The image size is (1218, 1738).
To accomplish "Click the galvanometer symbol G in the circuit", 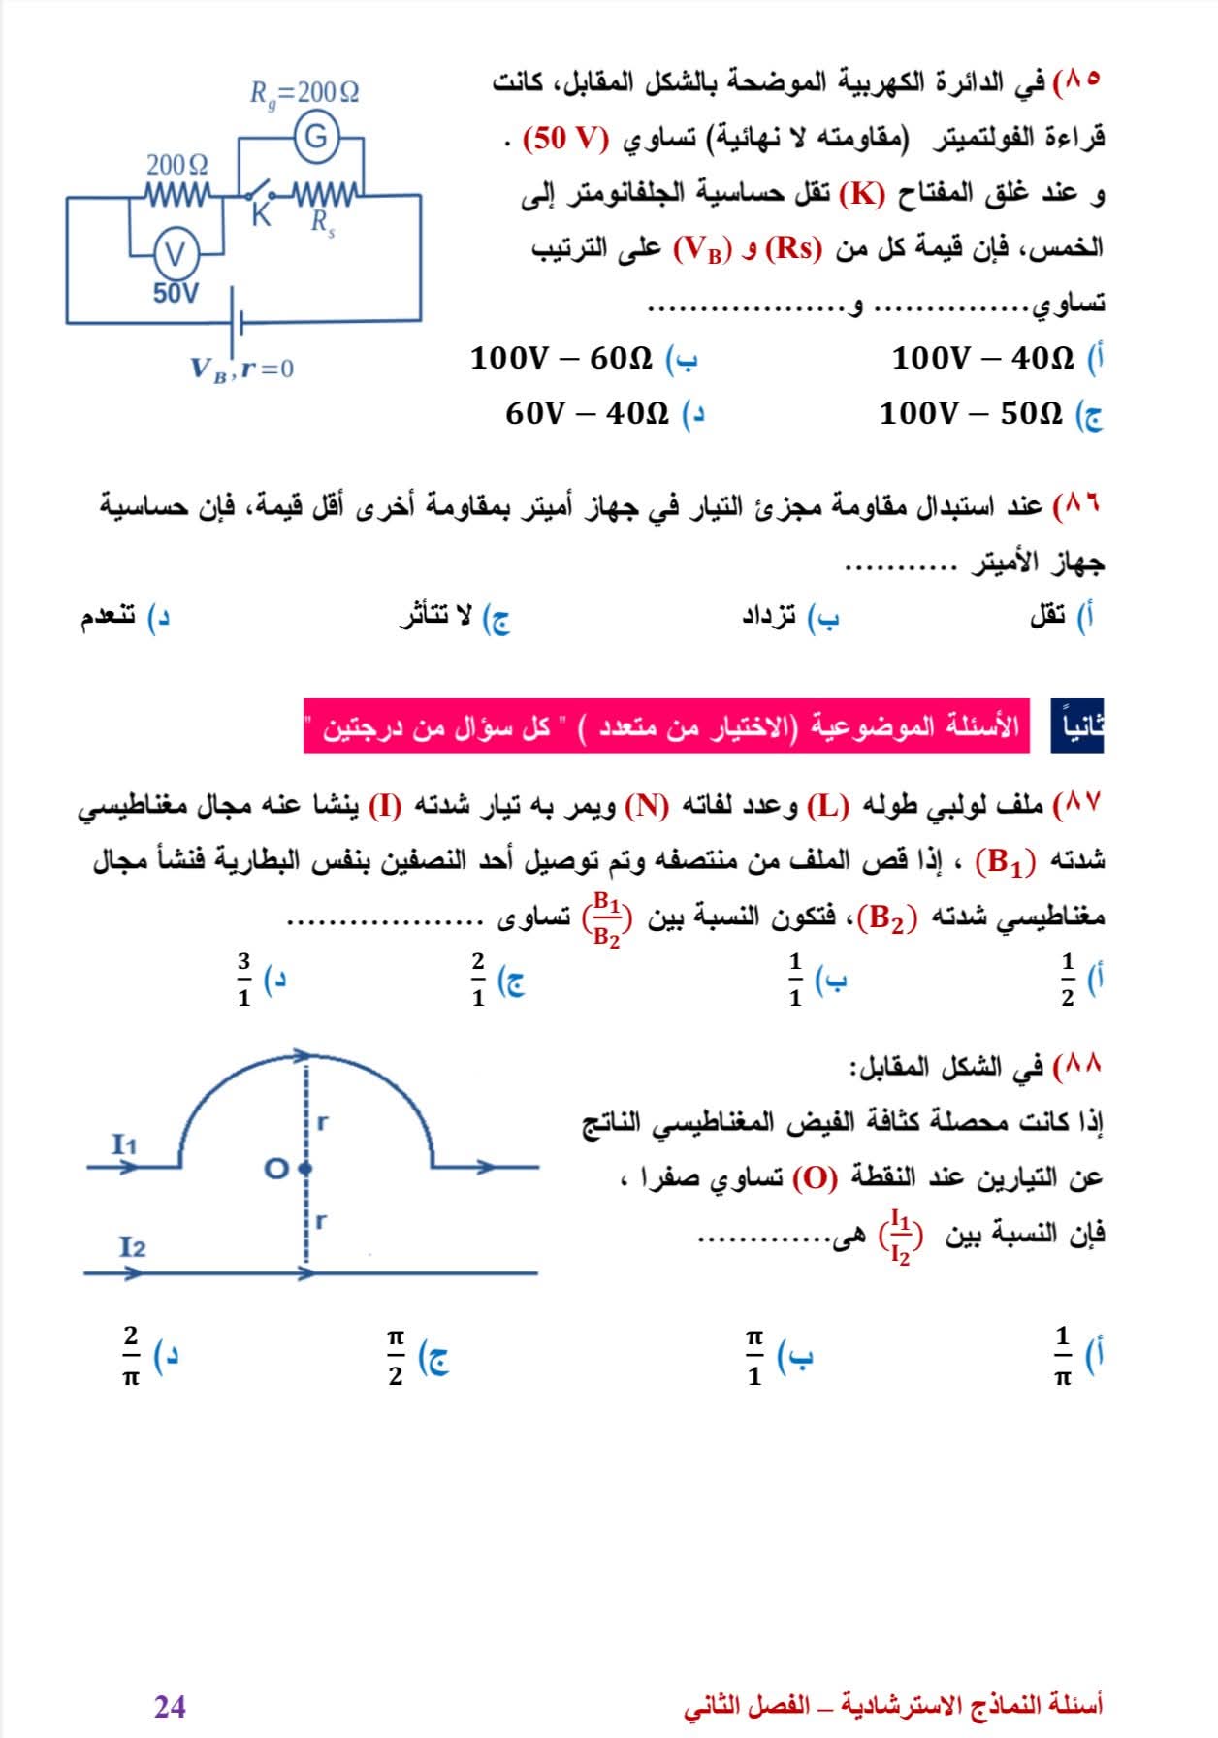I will (x=316, y=138).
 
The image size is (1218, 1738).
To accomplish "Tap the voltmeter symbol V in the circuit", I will (x=176, y=255).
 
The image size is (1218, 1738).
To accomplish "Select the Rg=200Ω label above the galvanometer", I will (x=304, y=93).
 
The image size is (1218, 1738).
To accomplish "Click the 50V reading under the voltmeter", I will (x=176, y=293).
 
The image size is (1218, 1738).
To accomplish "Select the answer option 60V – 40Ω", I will (x=588, y=414).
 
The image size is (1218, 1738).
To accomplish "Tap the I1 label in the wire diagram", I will (x=124, y=1144).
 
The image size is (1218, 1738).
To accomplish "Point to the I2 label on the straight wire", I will (x=133, y=1247).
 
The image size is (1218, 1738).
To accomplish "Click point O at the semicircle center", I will (x=306, y=1168).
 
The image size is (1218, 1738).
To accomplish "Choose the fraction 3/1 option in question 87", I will (x=244, y=979).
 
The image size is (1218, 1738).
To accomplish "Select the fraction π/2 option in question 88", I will (x=396, y=1357).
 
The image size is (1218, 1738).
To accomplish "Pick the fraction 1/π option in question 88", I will (x=1063, y=1357).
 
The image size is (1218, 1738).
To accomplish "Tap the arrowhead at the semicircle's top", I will (x=302, y=1054).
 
